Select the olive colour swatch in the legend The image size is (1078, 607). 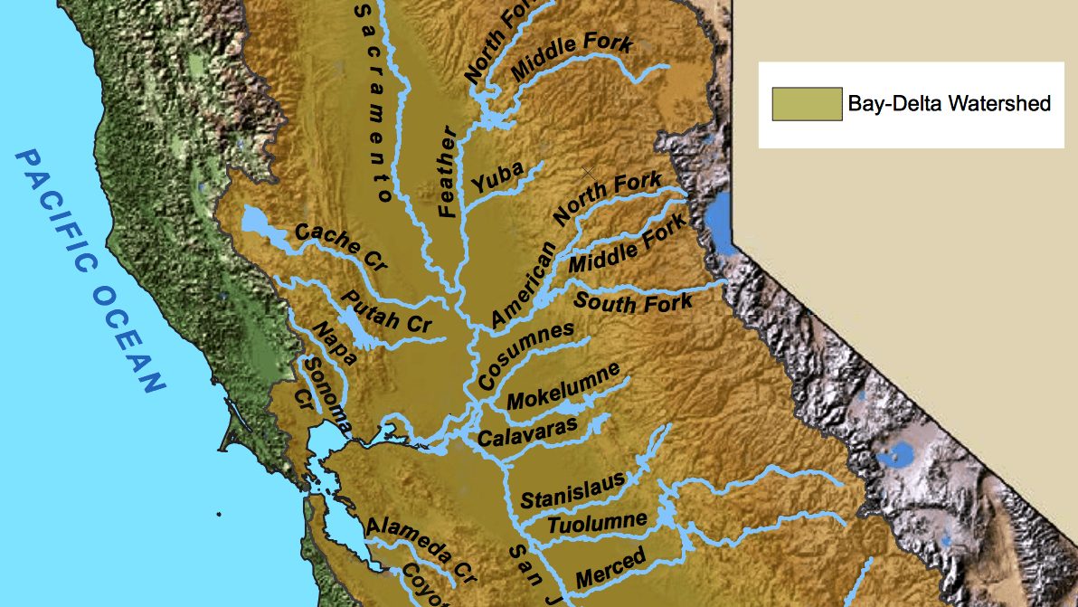pyautogui.click(x=806, y=104)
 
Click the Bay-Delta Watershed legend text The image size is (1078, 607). pyautogui.click(x=949, y=104)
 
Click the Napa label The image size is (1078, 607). pyautogui.click(x=334, y=342)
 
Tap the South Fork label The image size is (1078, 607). pyautogui.click(x=633, y=302)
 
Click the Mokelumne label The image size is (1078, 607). pyautogui.click(x=564, y=386)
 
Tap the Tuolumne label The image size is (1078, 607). pyautogui.click(x=598, y=523)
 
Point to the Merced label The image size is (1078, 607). pyautogui.click(x=610, y=567)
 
